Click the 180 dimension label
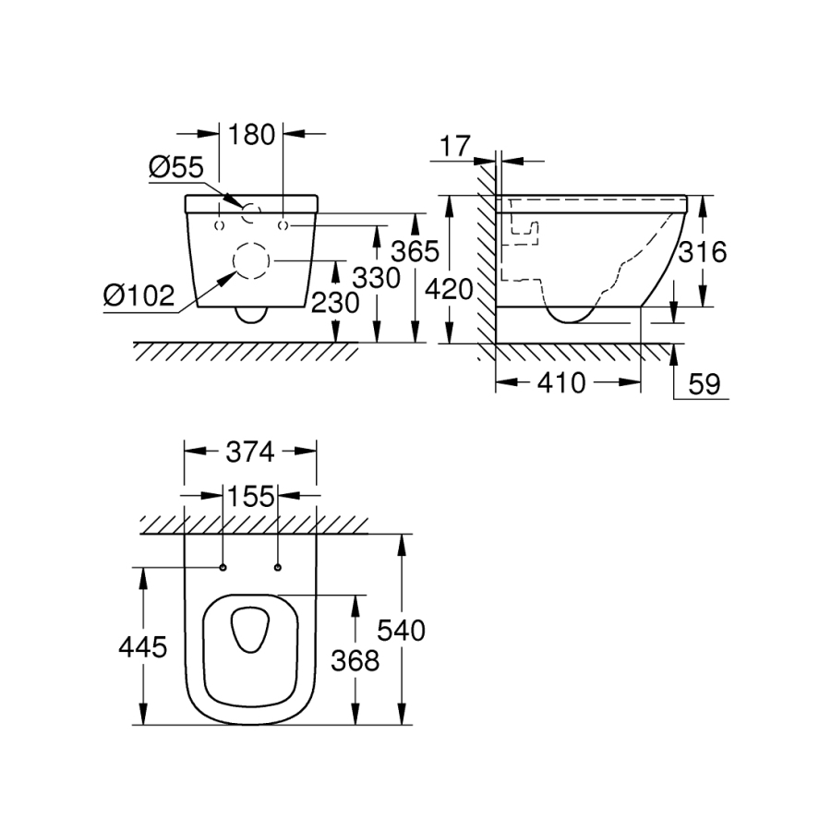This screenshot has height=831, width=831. pos(251,135)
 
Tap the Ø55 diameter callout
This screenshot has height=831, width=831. pos(176,167)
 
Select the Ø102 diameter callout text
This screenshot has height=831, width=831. pos(138,295)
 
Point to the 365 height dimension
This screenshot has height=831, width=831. pos(415,251)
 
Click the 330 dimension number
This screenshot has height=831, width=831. pos(377,278)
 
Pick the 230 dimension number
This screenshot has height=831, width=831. pos(336,303)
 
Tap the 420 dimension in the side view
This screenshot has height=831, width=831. pos(450,290)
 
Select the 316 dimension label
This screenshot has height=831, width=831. pos(703,252)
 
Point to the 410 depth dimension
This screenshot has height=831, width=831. pos(561,382)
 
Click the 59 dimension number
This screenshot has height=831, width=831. pos(705,384)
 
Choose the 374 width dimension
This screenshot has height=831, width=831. pos(250,452)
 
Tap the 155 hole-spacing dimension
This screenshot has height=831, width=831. pos(250,497)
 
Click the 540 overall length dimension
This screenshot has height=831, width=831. pos(402,631)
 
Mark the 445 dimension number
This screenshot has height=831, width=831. pos(142,647)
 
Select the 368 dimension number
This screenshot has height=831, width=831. pos(355,661)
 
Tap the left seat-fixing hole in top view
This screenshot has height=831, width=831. pos(223,568)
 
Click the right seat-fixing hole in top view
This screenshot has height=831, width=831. pos(278,568)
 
